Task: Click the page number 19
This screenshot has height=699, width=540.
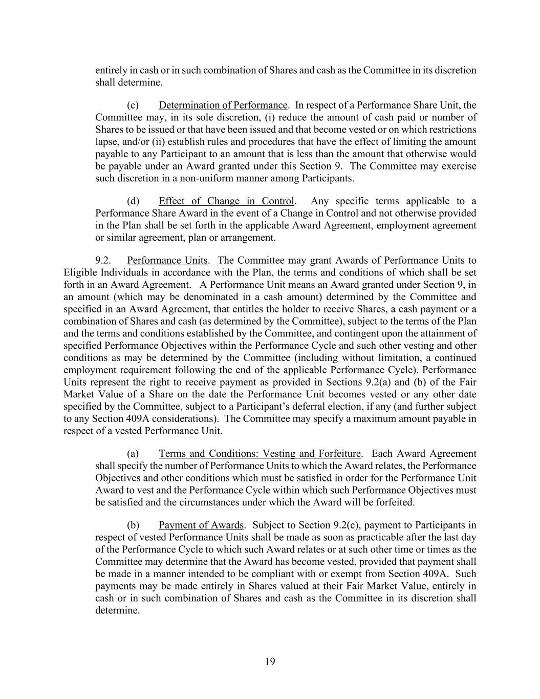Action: coord(270,662)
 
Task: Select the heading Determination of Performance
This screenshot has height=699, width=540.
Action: coord(223,105)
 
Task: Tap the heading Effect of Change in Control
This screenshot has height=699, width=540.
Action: coord(226,201)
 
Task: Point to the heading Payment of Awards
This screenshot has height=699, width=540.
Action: coord(201,525)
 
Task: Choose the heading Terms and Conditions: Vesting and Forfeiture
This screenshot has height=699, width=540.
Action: coord(260,454)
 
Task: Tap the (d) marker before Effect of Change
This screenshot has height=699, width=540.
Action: coord(133,201)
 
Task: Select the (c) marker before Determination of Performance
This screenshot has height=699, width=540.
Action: coord(133,105)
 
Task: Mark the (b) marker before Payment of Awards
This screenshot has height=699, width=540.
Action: coord(133,525)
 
